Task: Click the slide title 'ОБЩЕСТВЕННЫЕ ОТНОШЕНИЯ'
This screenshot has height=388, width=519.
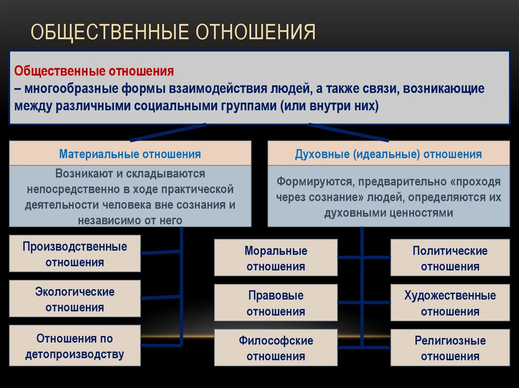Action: tap(173, 31)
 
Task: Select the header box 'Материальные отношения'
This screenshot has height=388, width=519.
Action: tap(130, 154)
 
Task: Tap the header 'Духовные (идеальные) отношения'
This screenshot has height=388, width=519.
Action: tap(388, 154)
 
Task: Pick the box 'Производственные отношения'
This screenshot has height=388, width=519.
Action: tap(75, 254)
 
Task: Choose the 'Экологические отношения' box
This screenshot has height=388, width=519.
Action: tap(75, 299)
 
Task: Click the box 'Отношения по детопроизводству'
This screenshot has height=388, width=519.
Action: tap(75, 346)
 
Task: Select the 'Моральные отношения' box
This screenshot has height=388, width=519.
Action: tap(276, 258)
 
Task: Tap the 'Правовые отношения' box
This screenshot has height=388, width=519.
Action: tap(276, 303)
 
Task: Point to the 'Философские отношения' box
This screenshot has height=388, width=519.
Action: tap(276, 348)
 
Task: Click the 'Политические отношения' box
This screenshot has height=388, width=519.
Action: tap(450, 258)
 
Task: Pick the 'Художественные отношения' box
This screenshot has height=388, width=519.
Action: tap(450, 303)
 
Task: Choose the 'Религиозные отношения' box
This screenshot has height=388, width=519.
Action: tap(450, 348)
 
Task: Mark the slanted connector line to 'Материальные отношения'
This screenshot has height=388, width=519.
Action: tap(168, 132)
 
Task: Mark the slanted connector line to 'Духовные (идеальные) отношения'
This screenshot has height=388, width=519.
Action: tap(349, 132)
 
